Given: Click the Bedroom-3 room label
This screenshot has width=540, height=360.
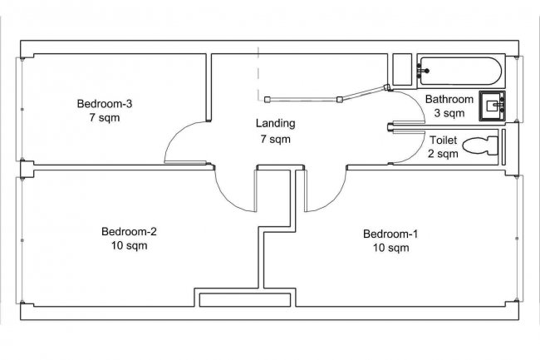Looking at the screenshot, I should tap(105, 104).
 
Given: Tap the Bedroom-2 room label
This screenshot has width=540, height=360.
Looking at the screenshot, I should tap(129, 231).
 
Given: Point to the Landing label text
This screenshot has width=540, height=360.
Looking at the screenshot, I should tap(274, 124).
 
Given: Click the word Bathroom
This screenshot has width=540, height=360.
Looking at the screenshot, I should tap(449, 99).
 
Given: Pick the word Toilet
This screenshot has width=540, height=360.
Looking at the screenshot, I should tap(443, 140).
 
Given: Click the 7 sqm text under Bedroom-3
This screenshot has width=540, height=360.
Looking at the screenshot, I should tap(105, 118).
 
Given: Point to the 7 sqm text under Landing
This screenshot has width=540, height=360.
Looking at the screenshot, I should tap(274, 139).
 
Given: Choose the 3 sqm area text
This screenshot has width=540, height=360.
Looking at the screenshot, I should tap(449, 112).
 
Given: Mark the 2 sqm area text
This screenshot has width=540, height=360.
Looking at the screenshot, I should tap(443, 153).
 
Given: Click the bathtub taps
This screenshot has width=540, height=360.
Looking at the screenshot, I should tap(425, 72).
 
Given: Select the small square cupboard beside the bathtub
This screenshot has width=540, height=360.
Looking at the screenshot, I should tap(403, 70).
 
